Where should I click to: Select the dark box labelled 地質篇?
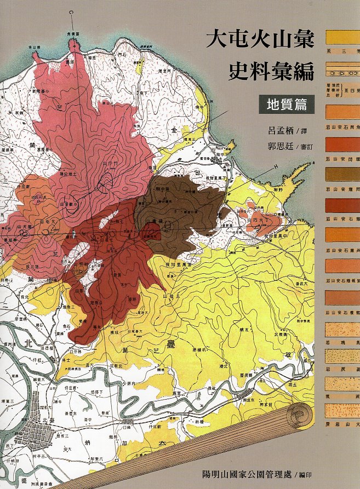click(x=287, y=104)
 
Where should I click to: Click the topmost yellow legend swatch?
click(x=342, y=38)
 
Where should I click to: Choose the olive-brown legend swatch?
click(x=342, y=174)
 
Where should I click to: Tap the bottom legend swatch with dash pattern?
click(x=342, y=410)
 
